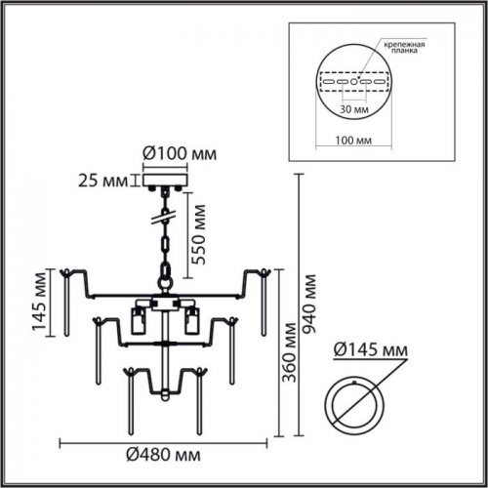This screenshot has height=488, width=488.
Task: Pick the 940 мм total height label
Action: coord(309,304)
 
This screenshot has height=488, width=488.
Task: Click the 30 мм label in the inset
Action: coord(354,108)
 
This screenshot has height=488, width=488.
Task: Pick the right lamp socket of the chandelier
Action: coord(191,320)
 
